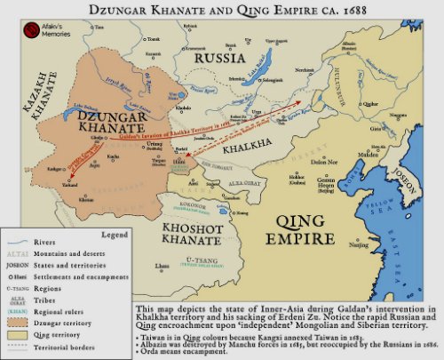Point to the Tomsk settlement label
(x=153, y=39)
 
